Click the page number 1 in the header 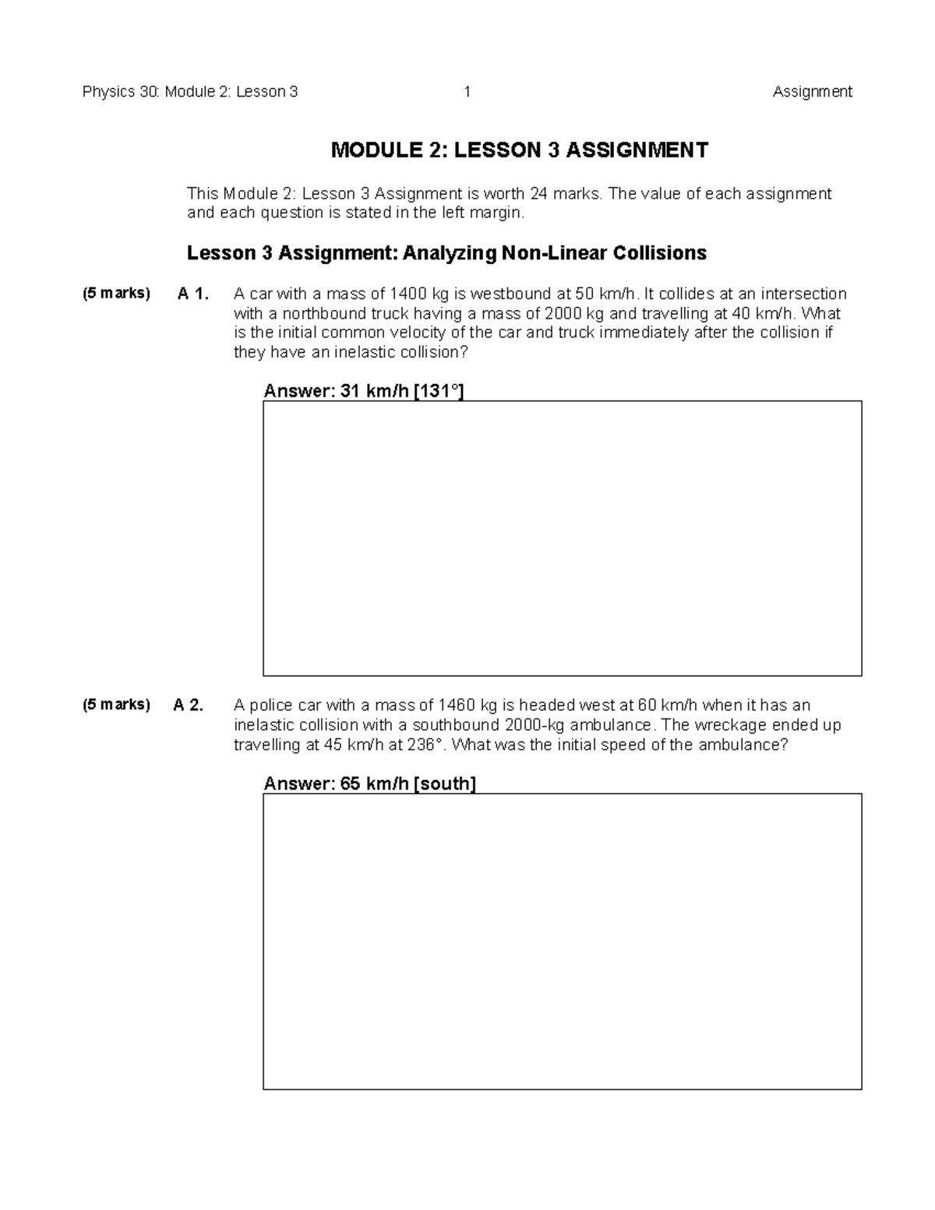coord(467,92)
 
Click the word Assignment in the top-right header coord(812,92)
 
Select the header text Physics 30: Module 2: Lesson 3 coord(190,92)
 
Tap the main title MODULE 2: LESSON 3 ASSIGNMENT coord(520,150)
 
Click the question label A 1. coord(193,294)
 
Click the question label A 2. coord(189,705)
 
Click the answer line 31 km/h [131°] coord(364,391)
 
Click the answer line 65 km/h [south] coord(369,784)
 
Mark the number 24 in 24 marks coord(538,193)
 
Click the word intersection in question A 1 coord(803,294)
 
